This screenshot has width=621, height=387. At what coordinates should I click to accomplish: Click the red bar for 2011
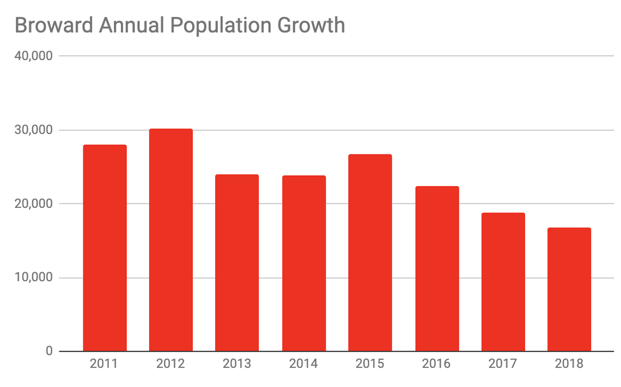click(105, 248)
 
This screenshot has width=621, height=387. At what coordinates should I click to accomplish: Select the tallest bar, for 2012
click(171, 239)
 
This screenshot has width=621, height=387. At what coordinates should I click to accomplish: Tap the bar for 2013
click(237, 262)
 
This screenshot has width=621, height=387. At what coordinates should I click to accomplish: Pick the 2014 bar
click(304, 263)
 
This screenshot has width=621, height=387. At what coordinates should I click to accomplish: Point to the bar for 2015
click(370, 253)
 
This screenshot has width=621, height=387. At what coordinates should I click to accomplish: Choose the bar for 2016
click(437, 268)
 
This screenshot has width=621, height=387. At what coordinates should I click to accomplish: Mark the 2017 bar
click(503, 281)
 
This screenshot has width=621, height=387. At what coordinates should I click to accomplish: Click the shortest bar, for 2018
click(569, 289)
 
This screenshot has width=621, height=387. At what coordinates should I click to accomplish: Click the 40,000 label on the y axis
click(33, 56)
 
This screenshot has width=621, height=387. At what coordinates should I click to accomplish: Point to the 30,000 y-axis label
click(33, 130)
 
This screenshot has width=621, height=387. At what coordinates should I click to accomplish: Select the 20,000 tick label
click(33, 204)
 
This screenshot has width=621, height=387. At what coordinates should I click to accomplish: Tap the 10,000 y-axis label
click(33, 278)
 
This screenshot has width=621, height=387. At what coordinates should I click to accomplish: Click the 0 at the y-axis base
click(49, 352)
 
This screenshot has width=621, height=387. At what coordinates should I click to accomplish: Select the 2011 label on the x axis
click(104, 364)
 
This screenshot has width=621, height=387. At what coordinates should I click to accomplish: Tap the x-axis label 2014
click(304, 364)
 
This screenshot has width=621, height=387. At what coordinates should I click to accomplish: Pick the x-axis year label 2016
click(437, 364)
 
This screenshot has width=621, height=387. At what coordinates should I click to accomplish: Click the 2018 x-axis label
click(569, 364)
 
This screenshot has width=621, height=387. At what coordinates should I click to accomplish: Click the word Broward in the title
click(52, 26)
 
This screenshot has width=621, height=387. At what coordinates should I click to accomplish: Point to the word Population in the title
click(214, 26)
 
